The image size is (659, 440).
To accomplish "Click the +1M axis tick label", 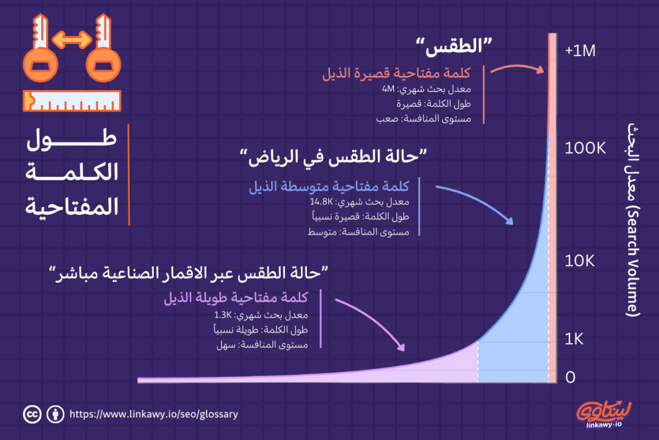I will [x=580, y=51].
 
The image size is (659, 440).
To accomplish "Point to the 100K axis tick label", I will [x=586, y=149].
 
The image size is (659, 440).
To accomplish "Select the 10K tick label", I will [x=582, y=261].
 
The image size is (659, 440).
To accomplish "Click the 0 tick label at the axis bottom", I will [x=570, y=378].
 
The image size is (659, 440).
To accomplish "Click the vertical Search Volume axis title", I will [x=633, y=219].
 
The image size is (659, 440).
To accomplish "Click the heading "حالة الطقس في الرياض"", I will [x=333, y=157].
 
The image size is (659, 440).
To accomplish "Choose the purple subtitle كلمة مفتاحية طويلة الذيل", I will [x=236, y=298].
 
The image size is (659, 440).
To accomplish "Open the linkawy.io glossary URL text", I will [x=153, y=414].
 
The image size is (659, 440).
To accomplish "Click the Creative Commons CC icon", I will [x=30, y=414].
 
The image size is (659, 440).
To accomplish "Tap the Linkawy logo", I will [x=604, y=412].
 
